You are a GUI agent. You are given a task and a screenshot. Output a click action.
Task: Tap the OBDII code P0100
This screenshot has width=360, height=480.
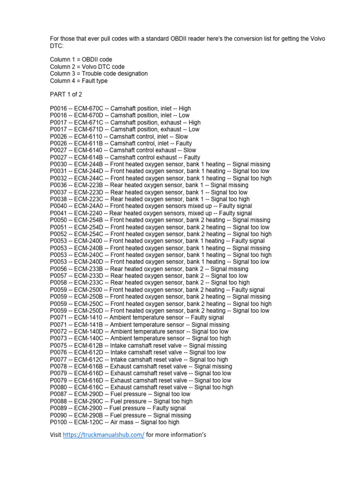point(58,422)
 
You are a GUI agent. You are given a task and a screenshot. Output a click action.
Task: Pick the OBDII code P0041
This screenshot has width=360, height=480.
point(58,213)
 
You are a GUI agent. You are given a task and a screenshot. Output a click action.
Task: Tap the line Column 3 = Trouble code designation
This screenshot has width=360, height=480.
point(99,74)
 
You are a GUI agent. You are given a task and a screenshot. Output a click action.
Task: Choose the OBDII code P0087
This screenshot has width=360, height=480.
point(58,394)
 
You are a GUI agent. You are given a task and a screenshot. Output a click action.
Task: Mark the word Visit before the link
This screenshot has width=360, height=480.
point(56,435)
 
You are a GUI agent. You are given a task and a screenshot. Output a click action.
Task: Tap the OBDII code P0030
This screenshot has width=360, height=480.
point(58,164)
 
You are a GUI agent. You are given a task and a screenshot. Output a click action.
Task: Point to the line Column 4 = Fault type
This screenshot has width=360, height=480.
point(79,81)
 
